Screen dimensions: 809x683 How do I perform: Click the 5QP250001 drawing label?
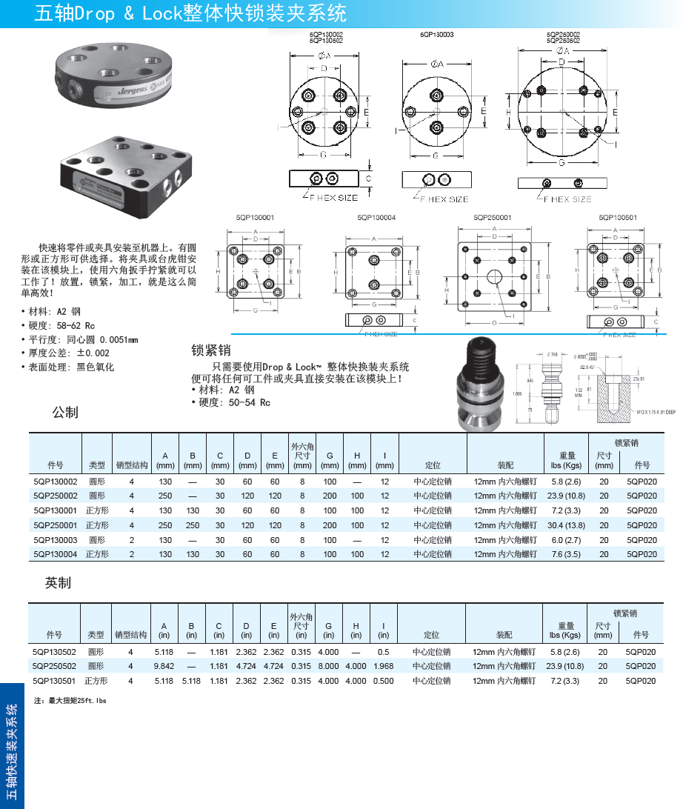[493, 218]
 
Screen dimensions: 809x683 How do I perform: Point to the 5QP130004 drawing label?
[376, 218]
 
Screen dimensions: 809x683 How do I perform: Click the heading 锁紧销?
[211, 350]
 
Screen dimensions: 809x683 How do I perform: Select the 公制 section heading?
[65, 413]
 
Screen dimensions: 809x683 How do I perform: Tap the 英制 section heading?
[58, 584]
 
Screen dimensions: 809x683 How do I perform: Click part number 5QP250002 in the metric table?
[55, 496]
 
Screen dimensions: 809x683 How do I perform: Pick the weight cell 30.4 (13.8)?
[567, 525]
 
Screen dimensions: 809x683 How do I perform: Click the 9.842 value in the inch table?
[164, 666]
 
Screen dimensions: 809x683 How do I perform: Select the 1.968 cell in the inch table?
[383, 666]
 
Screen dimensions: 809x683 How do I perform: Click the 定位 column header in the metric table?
[433, 465]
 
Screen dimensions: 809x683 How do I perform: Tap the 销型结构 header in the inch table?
[130, 635]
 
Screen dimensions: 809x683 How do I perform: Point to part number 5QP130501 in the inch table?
[54, 681]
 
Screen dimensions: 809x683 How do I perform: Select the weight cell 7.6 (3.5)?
[567, 554]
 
